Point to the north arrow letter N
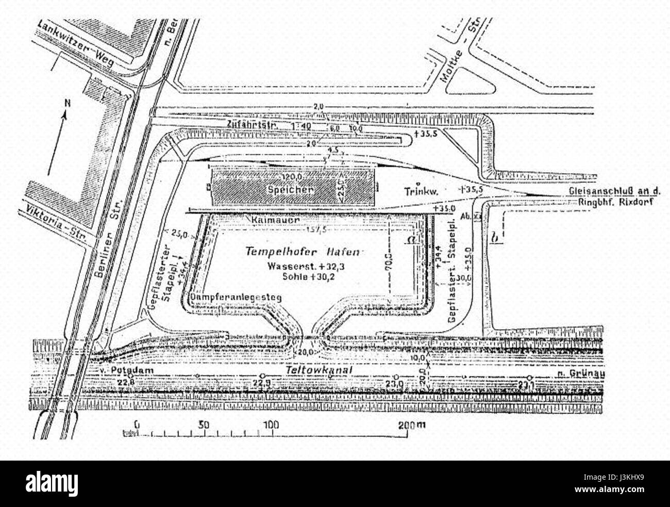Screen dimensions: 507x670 [66, 103]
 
